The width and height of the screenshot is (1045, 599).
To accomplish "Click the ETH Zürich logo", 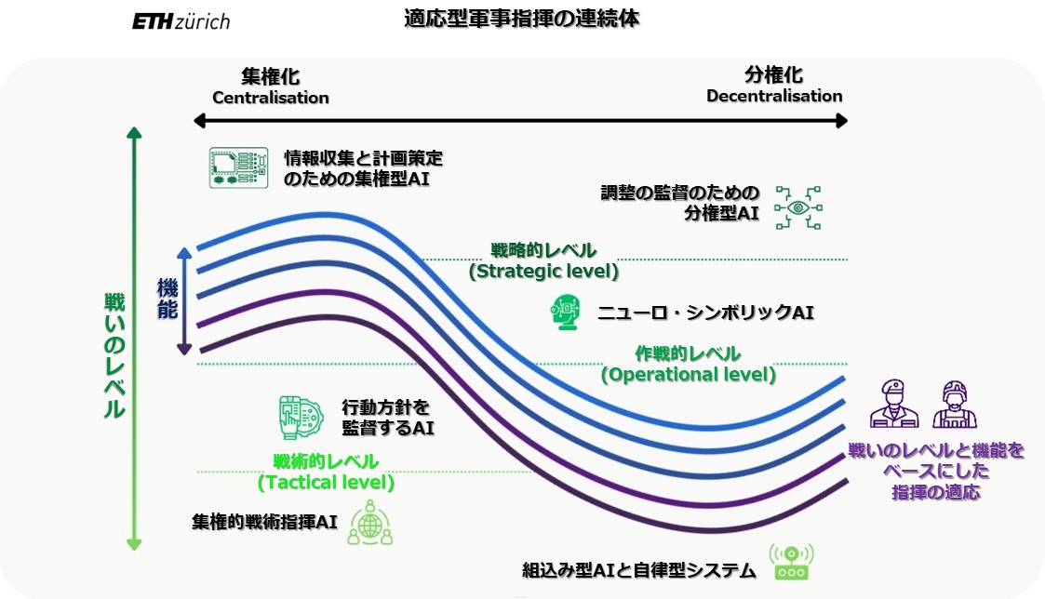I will coord(181,20).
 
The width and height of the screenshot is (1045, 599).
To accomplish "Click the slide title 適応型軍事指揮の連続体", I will coord(521,18).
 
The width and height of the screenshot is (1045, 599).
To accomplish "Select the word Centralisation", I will coord(271,98).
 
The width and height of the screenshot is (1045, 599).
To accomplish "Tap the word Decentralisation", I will coord(774,96).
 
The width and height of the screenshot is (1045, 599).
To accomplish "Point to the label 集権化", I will coord(271,76).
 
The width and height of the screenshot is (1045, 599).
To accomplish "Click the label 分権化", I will coord(773,75).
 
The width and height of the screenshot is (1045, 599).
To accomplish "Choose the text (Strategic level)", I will coord(543,272).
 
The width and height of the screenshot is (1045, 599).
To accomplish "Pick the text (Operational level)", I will coord(688,375).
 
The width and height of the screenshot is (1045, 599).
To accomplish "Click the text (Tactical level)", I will coord(326,483).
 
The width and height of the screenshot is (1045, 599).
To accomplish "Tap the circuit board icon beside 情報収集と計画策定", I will coord(232,167).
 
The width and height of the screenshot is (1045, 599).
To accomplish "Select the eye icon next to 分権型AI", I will coord(799,207).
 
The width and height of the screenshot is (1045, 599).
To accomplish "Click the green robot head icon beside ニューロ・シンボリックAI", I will coord(565,313).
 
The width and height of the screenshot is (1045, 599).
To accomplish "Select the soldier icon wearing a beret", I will coord(893,404).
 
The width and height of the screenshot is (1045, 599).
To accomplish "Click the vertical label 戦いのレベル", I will coord(114,354).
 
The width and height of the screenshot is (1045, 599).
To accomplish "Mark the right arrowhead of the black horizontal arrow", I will coord(842,121).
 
